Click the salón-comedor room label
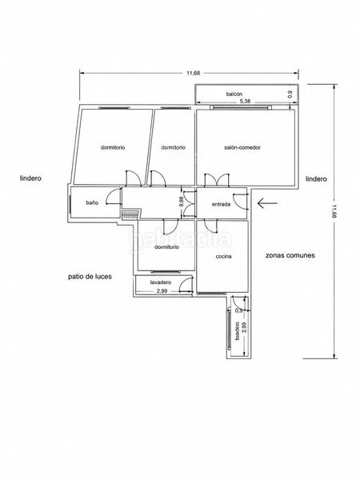242,147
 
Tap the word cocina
223,257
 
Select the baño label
92,202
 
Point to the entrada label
221,204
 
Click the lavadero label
161,282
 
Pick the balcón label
234,94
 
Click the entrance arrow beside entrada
267,203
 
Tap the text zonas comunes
290,255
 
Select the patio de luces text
90,277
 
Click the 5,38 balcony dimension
245,101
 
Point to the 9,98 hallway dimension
181,202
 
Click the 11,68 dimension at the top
194,73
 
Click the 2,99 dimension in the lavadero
162,291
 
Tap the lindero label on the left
30,178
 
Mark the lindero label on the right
316,178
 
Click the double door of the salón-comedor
217,180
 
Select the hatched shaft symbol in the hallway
130,214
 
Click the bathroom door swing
114,197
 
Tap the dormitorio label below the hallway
166,247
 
